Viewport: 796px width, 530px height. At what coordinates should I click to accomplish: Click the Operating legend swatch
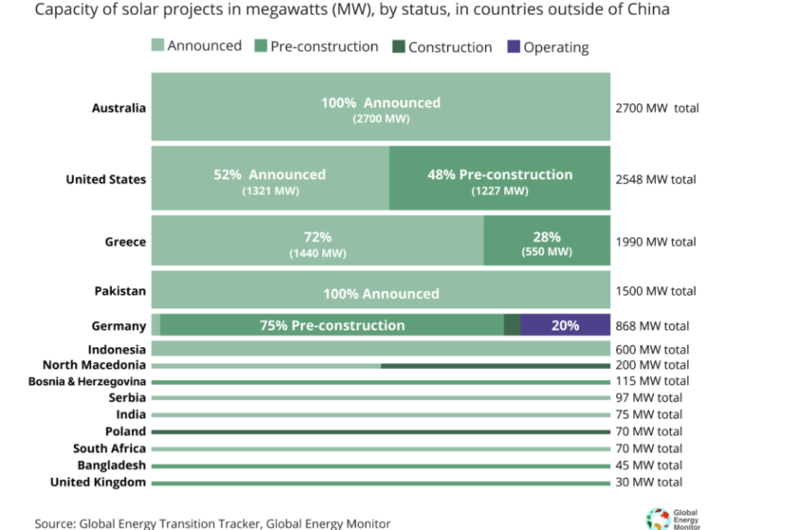(x=515, y=46)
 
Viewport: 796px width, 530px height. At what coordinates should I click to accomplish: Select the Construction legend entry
(x=449, y=46)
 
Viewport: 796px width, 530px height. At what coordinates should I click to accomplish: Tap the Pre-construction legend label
(x=324, y=46)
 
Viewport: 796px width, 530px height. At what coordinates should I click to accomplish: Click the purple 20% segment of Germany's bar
(x=565, y=325)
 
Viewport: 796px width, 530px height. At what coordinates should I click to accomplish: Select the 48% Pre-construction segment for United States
(x=499, y=178)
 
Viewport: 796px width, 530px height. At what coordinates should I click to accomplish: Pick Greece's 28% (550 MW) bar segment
(x=547, y=242)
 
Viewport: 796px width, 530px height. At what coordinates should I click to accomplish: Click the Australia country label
(x=118, y=108)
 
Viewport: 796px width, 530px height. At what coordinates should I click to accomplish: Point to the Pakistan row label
(x=120, y=291)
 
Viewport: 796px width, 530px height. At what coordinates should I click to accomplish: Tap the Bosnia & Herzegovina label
(x=87, y=381)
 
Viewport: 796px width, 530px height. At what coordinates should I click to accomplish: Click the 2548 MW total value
(x=656, y=179)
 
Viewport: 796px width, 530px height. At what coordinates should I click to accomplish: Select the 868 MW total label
(x=652, y=326)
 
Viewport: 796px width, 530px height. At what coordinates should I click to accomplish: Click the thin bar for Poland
(x=379, y=432)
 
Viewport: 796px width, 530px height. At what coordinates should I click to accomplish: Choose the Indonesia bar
(x=379, y=349)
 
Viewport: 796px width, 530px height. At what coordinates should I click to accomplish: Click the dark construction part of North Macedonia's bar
(x=495, y=365)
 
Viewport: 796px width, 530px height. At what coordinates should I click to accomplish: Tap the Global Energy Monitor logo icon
(x=658, y=518)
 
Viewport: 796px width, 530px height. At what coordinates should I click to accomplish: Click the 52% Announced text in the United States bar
(x=269, y=174)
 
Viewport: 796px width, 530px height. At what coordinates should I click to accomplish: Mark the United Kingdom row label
(x=98, y=483)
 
